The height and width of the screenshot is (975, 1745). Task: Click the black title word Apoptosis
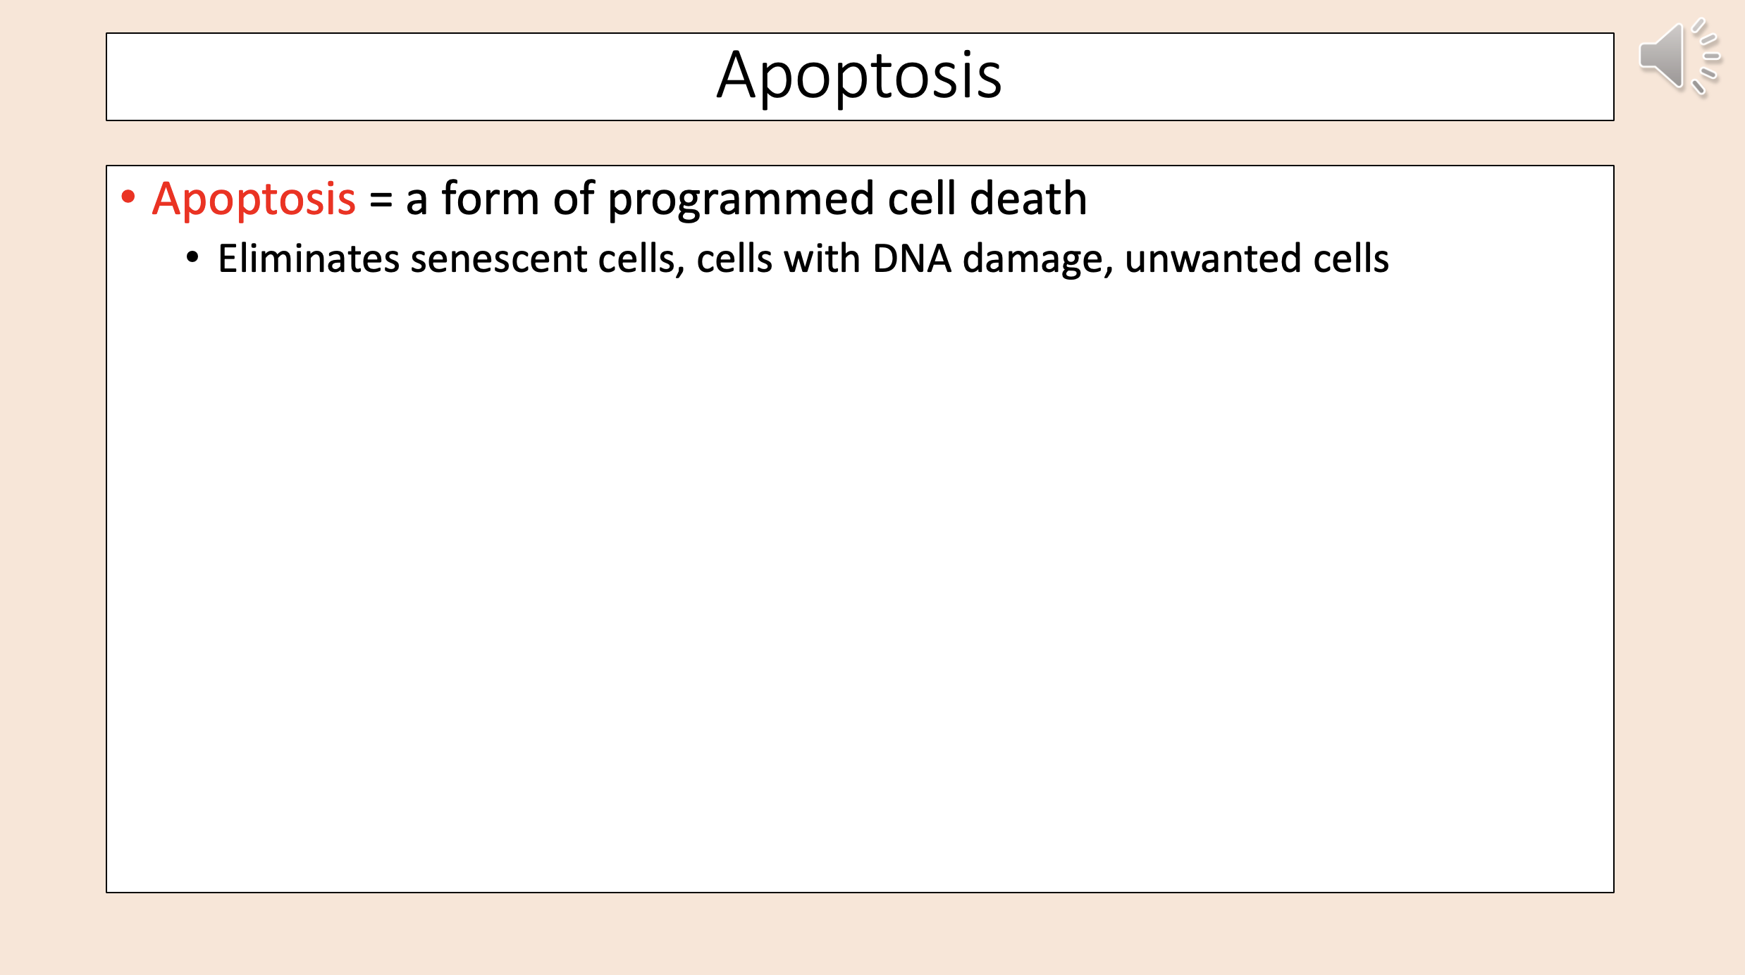[859, 75]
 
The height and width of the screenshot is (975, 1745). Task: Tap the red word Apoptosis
[254, 199]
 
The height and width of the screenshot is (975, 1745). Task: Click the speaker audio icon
[1677, 56]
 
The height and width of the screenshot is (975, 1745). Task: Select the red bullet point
[128, 197]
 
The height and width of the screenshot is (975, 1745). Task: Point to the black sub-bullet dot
[192, 257]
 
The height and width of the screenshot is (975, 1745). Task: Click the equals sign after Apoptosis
[381, 199]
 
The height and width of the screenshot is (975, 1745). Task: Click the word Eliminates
[309, 259]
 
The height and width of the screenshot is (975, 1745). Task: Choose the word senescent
[498, 259]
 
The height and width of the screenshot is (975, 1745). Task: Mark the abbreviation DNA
[911, 259]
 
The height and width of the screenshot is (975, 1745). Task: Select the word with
[822, 259]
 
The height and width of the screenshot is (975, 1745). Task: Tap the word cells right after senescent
[637, 259]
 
